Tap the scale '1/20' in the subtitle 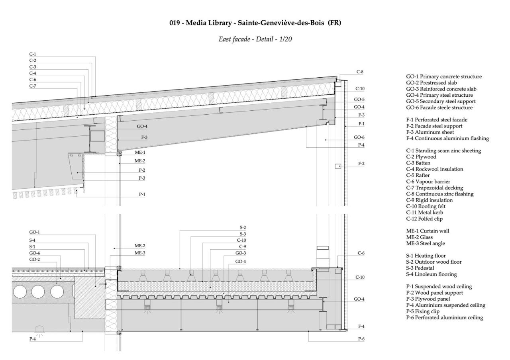click(286, 39)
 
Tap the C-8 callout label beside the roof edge click(360, 72)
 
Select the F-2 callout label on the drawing click(361, 164)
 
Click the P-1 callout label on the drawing click(142, 194)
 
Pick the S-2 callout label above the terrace click(243, 228)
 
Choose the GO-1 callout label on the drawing click(34, 232)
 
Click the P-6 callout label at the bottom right click(361, 338)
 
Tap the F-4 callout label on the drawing click(361, 326)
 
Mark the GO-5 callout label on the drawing click(359, 99)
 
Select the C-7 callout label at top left click(33, 86)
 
